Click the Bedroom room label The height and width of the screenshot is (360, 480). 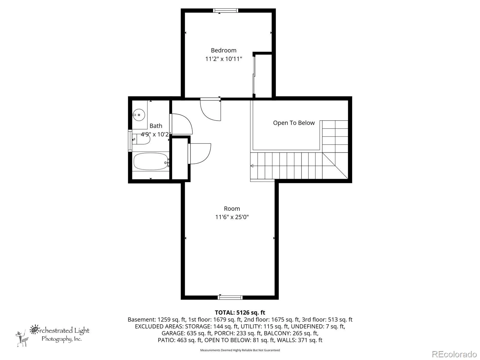[223, 50]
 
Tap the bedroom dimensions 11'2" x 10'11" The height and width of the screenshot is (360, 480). [223, 59]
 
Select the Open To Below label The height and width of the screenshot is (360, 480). [294, 123]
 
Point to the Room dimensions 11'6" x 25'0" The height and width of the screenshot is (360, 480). [232, 217]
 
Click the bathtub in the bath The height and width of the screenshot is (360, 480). [151, 161]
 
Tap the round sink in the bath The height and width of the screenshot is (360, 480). [139, 115]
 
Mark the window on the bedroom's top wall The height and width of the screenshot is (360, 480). [226, 10]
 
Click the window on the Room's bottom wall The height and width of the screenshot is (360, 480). [230, 298]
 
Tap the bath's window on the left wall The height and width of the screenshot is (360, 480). [130, 140]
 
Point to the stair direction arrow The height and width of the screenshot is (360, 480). [252, 166]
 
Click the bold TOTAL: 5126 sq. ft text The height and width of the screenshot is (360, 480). [240, 313]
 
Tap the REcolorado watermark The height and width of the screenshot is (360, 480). [454, 354]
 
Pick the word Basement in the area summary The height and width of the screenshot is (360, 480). [142, 319]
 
